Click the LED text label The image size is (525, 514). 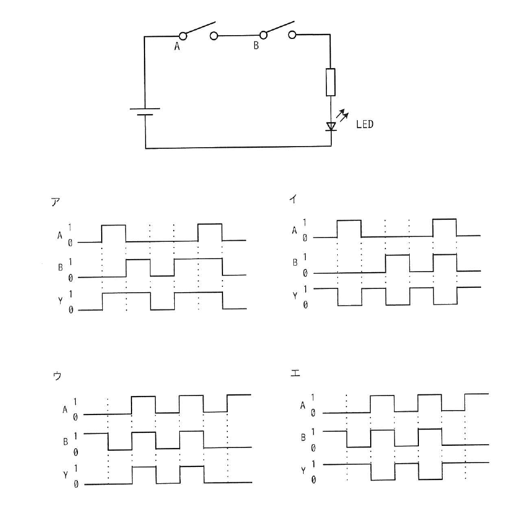pyautogui.click(x=365, y=124)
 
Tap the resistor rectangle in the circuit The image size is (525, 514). pyautogui.click(x=331, y=82)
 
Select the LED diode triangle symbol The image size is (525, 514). pyautogui.click(x=331, y=126)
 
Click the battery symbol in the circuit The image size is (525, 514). pyautogui.click(x=145, y=112)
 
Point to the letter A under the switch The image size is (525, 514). pyautogui.click(x=177, y=47)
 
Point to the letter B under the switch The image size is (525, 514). pyautogui.click(x=256, y=45)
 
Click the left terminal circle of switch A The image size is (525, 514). pyautogui.click(x=183, y=36)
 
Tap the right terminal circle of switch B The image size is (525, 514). pyautogui.click(x=292, y=35)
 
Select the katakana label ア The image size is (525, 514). pyautogui.click(x=56, y=202)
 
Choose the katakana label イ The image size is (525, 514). pyautogui.click(x=293, y=199)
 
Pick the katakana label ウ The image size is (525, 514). pyautogui.click(x=57, y=376)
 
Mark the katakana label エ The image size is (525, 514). pyautogui.click(x=295, y=373)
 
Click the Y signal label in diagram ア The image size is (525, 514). pyautogui.click(x=60, y=301)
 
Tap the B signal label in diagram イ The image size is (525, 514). pyautogui.click(x=295, y=263)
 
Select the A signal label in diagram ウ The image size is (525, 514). pyautogui.click(x=65, y=410)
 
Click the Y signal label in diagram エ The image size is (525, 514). pyautogui.click(x=303, y=471)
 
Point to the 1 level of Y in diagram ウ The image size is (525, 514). pyautogui.click(x=76, y=468)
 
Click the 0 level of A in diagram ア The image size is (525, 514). pyautogui.click(x=70, y=243)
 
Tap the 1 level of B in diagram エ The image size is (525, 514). pyautogui.click(x=313, y=432)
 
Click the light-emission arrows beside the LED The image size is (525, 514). pyautogui.click(x=343, y=115)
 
